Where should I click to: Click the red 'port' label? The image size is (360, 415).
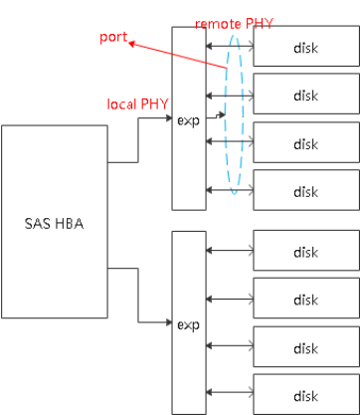112,37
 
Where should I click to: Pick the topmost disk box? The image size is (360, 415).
305,47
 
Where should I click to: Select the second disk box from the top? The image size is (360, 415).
305,94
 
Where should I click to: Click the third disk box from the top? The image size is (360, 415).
305,142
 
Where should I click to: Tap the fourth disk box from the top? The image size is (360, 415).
305,189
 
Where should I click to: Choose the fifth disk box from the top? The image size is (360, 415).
305,250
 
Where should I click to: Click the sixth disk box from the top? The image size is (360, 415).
305,298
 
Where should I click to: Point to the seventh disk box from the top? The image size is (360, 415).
305,347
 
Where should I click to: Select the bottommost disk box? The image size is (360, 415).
305,393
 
